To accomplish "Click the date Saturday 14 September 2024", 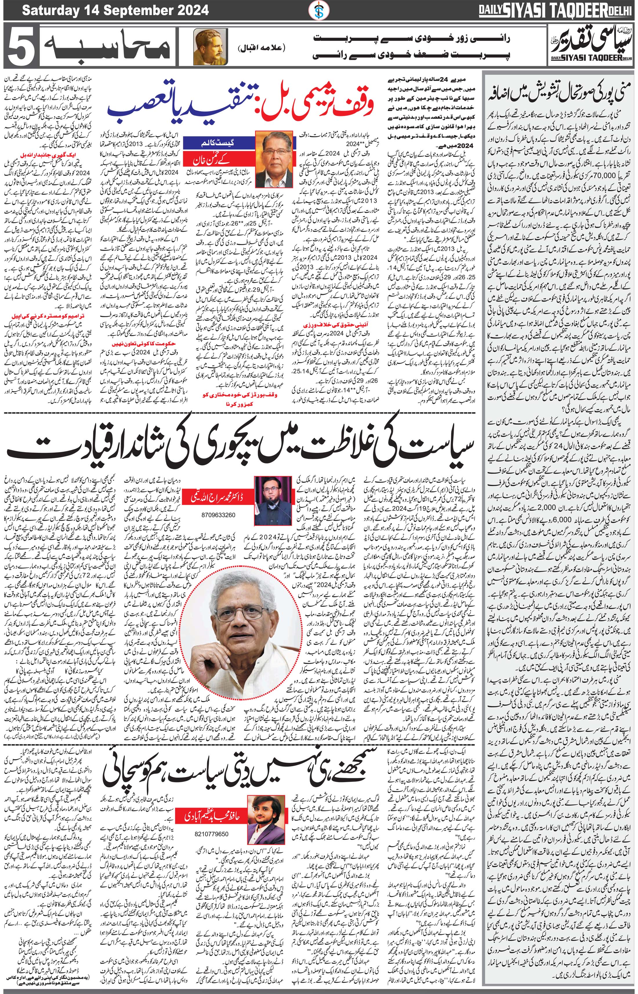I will click(115, 10).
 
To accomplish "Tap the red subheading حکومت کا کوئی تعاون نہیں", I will click(130, 344).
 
